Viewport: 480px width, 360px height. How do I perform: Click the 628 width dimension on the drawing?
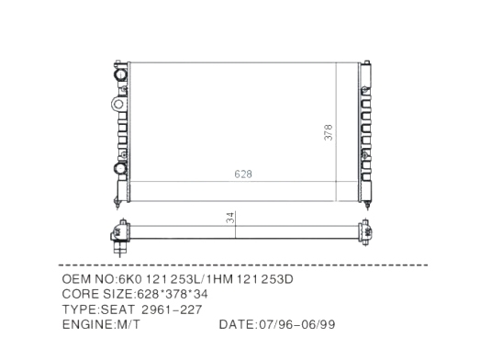point(243,174)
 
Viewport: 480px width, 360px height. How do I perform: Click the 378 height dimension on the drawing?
point(329,132)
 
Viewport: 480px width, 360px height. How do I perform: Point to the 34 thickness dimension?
point(230,218)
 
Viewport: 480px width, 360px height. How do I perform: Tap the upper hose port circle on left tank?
point(120,74)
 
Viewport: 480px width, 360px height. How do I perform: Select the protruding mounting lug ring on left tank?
point(118,104)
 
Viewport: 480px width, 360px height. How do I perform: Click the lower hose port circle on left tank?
point(120,168)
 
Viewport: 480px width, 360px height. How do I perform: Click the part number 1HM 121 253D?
point(251,279)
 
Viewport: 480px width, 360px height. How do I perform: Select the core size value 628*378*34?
point(173,294)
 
